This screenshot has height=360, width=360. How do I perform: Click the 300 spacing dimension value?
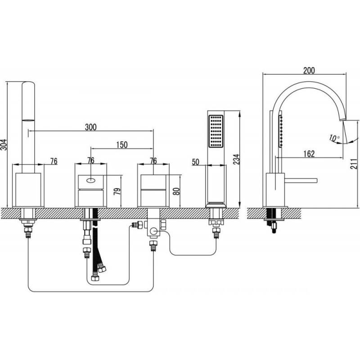pos(91,127)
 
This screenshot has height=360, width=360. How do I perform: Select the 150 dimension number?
pos(121,145)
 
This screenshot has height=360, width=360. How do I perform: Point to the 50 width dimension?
pos(196,162)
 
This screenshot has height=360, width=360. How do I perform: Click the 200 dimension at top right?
pos(309,71)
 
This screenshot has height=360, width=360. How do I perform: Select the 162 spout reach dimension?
pos(309,153)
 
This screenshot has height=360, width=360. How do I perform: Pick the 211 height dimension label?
pos(354,160)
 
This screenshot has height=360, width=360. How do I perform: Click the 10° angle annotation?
pos(334,138)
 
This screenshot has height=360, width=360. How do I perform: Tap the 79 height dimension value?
pos(117,191)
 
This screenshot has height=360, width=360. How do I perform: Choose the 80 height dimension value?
pos(176,191)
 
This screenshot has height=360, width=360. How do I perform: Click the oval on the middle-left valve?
pos(91,180)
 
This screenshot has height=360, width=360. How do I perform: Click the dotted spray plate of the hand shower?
pos(216,131)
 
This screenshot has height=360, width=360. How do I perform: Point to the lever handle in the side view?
pos(301,180)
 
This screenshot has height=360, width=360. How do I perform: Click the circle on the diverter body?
pos(153,231)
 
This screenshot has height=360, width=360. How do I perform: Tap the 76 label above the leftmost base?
pos(54,162)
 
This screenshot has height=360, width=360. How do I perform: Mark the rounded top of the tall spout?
pos(28,83)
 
